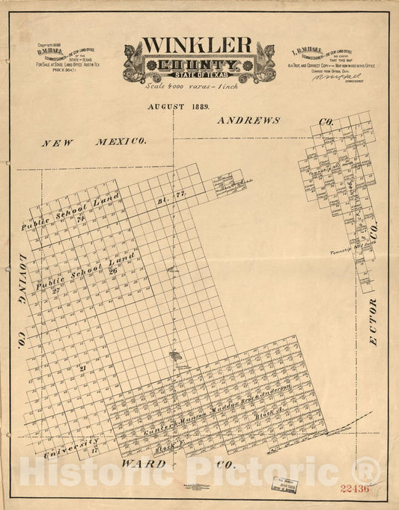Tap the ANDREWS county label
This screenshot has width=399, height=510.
pos(249,120)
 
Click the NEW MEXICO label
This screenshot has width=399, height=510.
pos(94,141)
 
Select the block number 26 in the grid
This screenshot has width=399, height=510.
pos(112,270)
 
